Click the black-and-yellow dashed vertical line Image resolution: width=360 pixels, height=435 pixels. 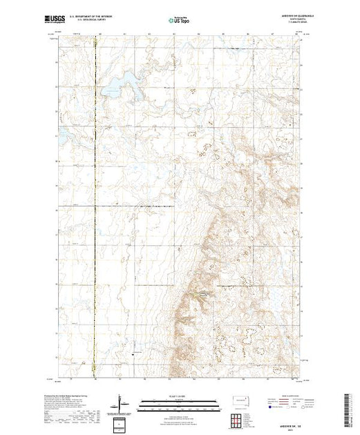point(97,207)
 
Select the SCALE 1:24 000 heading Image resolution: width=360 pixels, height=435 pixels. point(178,396)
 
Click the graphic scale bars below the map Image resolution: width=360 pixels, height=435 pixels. point(178,405)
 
